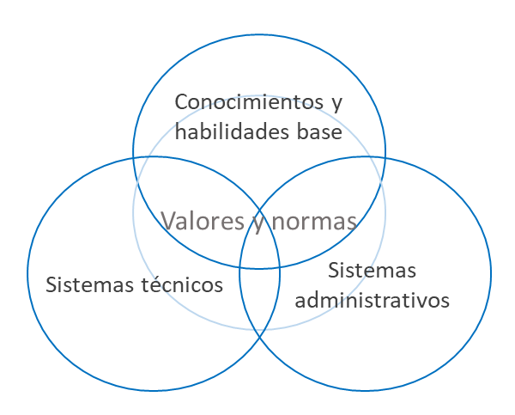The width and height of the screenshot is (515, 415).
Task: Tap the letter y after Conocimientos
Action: [336, 105]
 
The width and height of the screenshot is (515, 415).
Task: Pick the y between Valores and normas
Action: [257, 223]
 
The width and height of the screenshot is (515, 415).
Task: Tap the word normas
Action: [314, 222]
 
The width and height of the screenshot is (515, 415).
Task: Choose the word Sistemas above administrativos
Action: [373, 271]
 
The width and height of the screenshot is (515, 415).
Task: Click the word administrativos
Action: [373, 302]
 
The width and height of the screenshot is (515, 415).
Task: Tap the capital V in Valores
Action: [169, 221]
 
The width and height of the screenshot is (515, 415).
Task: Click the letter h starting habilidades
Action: [179, 134]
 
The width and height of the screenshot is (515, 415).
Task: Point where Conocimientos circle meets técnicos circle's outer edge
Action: [134, 158]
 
